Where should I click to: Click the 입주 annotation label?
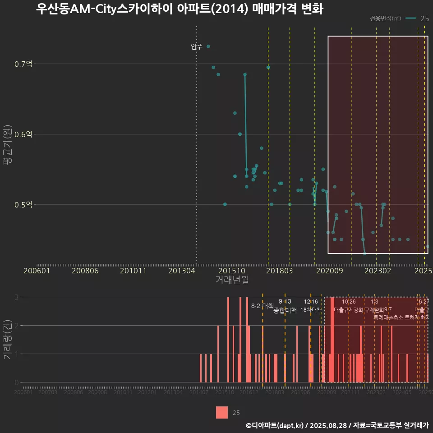pos(197,46)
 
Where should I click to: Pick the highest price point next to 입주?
pos(208,46)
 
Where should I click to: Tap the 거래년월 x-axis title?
pos(232,280)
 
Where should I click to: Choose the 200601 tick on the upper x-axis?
pos(37,271)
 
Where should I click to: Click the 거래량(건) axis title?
pos(8,340)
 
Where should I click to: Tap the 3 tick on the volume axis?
pos(16,297)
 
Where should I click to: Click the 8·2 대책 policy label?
pos(262,306)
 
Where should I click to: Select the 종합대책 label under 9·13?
pos(285,310)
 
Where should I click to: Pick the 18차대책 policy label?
pos(311,310)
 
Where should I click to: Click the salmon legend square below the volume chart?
pos(222,412)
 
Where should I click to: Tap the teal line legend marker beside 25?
pos(410,18)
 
